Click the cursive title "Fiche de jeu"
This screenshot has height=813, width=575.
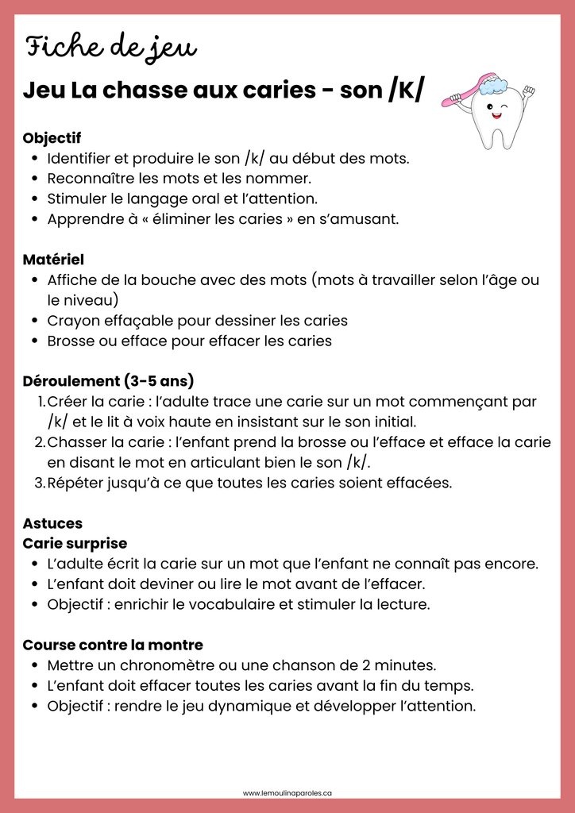coord(110,47)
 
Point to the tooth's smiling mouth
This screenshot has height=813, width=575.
coord(497,116)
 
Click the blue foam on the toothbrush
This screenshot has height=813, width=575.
coord(492,84)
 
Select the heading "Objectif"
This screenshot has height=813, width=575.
coord(52,138)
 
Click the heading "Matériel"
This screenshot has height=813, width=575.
coord(53,260)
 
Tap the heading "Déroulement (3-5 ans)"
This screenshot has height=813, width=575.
coord(109,381)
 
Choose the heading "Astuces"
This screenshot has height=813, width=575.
coord(52,523)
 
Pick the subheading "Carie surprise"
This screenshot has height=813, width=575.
coord(75,544)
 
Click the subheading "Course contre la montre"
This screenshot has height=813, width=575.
coord(113,645)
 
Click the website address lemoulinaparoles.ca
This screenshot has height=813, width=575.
coord(287,792)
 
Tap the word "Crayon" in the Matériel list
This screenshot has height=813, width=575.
coord(73,321)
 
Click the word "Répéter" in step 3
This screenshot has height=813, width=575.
coord(75,483)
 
